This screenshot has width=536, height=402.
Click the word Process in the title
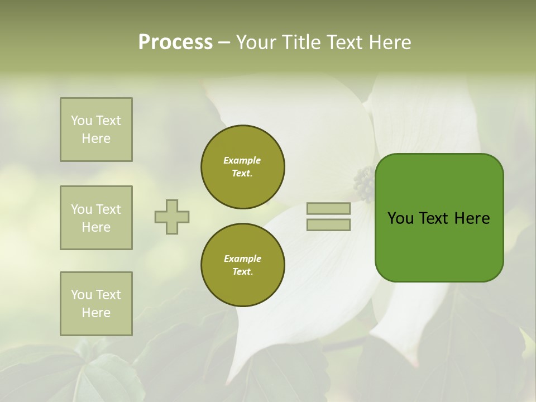tap(175, 42)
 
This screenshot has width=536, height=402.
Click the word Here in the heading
tap(389, 42)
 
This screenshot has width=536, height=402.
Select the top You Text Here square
tap(96, 130)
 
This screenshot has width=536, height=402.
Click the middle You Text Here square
tap(96, 218)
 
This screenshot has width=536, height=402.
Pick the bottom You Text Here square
tap(96, 304)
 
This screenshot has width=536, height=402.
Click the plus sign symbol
tap(172, 217)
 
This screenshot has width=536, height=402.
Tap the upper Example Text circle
tap(243, 167)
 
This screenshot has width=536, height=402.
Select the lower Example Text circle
tap(243, 265)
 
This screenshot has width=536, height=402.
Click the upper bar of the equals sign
tap(329, 208)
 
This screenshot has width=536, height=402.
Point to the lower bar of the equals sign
tap(329, 224)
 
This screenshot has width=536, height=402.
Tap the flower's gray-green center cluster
tap(363, 184)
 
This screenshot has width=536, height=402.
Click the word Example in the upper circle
tap(242, 160)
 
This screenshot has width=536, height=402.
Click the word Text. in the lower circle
tap(242, 272)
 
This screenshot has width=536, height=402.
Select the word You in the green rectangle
tap(400, 218)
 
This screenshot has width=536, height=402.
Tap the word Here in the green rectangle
tap(472, 218)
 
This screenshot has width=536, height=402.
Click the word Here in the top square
tap(96, 138)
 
